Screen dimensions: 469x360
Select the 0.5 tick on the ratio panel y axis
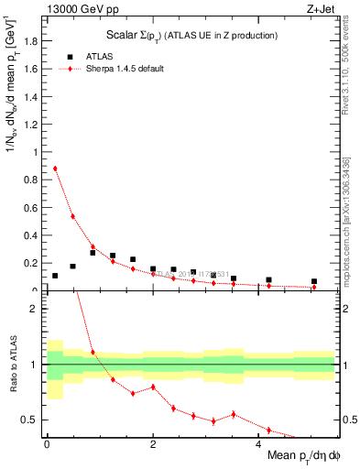coord(32,420)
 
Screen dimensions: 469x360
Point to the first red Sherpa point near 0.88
coord(55,169)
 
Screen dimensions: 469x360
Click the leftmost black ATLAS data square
coord(55,276)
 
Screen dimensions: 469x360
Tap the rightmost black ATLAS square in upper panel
coord(314,282)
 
